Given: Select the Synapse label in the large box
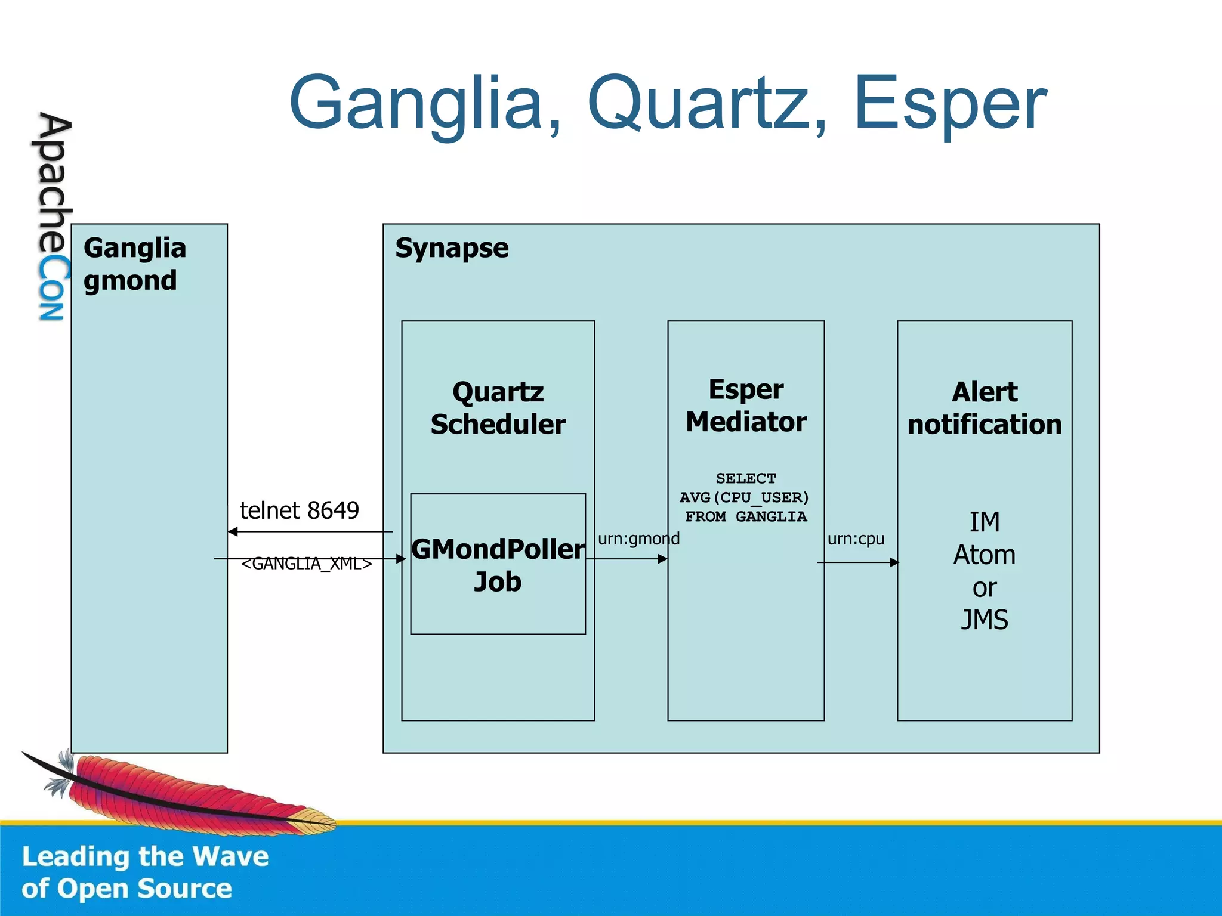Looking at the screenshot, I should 452,248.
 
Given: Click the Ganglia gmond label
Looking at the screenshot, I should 134,264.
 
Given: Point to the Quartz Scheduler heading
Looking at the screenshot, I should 498,408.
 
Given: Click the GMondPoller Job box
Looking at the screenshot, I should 498,564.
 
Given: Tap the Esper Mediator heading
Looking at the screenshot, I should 746,406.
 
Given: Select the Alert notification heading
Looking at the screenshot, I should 985,408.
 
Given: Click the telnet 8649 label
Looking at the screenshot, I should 299,510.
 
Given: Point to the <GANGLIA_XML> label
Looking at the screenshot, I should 306,564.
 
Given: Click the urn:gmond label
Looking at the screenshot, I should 638,539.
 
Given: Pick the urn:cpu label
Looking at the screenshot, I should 856,539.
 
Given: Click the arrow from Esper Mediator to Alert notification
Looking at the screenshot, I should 857,562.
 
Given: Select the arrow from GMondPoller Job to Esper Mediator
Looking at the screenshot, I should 627,559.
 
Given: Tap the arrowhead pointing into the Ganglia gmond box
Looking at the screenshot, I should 233,531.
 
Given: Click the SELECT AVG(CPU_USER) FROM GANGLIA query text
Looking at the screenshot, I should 745,497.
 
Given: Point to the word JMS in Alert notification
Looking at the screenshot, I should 985,620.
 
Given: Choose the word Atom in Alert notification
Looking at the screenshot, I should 985,555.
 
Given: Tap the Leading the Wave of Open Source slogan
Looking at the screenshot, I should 145,872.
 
